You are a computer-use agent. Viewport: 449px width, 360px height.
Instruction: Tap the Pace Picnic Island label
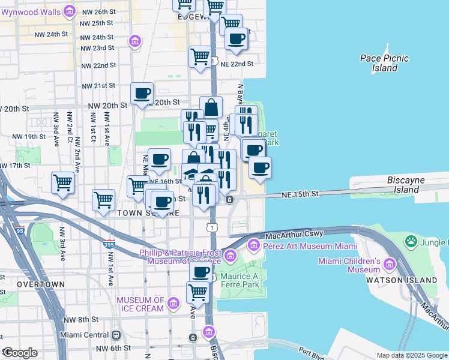384,63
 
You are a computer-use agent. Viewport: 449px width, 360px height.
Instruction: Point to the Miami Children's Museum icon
390,264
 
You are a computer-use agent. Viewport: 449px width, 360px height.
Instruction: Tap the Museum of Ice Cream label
140,304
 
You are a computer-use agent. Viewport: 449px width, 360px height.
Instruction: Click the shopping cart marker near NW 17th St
63,182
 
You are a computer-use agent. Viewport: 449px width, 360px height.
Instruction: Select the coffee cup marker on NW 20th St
142,93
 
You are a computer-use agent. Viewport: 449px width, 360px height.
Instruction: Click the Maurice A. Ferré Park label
236,280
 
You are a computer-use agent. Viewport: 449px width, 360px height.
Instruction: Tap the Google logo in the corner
20,353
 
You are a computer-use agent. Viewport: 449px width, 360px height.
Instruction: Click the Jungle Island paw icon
411,242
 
